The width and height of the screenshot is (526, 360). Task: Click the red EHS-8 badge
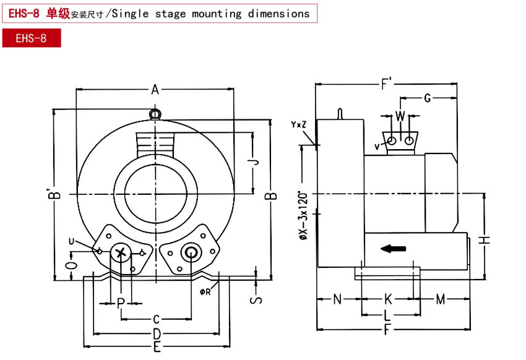[31, 38]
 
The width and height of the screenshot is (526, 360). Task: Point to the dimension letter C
[157, 319]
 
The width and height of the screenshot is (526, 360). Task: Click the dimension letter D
[157, 334]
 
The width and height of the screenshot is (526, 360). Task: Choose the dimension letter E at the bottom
[157, 347]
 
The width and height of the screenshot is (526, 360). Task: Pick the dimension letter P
[121, 302]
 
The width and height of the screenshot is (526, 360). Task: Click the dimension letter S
[256, 300]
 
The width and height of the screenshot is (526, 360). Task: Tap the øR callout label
[205, 291]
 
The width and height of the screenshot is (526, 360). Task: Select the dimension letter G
[427, 98]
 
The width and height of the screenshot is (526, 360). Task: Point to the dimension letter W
[400, 116]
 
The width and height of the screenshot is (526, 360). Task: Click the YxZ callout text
[298, 125]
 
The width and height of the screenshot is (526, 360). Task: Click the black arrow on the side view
[393, 249]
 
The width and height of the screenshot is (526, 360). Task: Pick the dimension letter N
[337, 300]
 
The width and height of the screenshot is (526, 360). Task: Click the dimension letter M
[441, 300]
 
